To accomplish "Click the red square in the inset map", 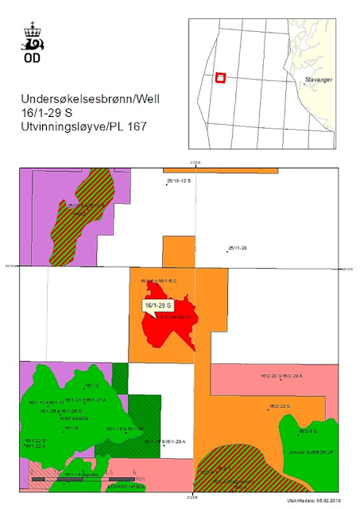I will (221, 78).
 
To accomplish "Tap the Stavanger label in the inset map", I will (319, 80).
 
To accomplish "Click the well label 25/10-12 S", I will (180, 182).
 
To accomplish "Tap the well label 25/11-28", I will (238, 249).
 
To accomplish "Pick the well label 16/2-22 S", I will (280, 406).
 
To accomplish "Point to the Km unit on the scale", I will (140, 480).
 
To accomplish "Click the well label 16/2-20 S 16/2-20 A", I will (285, 375).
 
